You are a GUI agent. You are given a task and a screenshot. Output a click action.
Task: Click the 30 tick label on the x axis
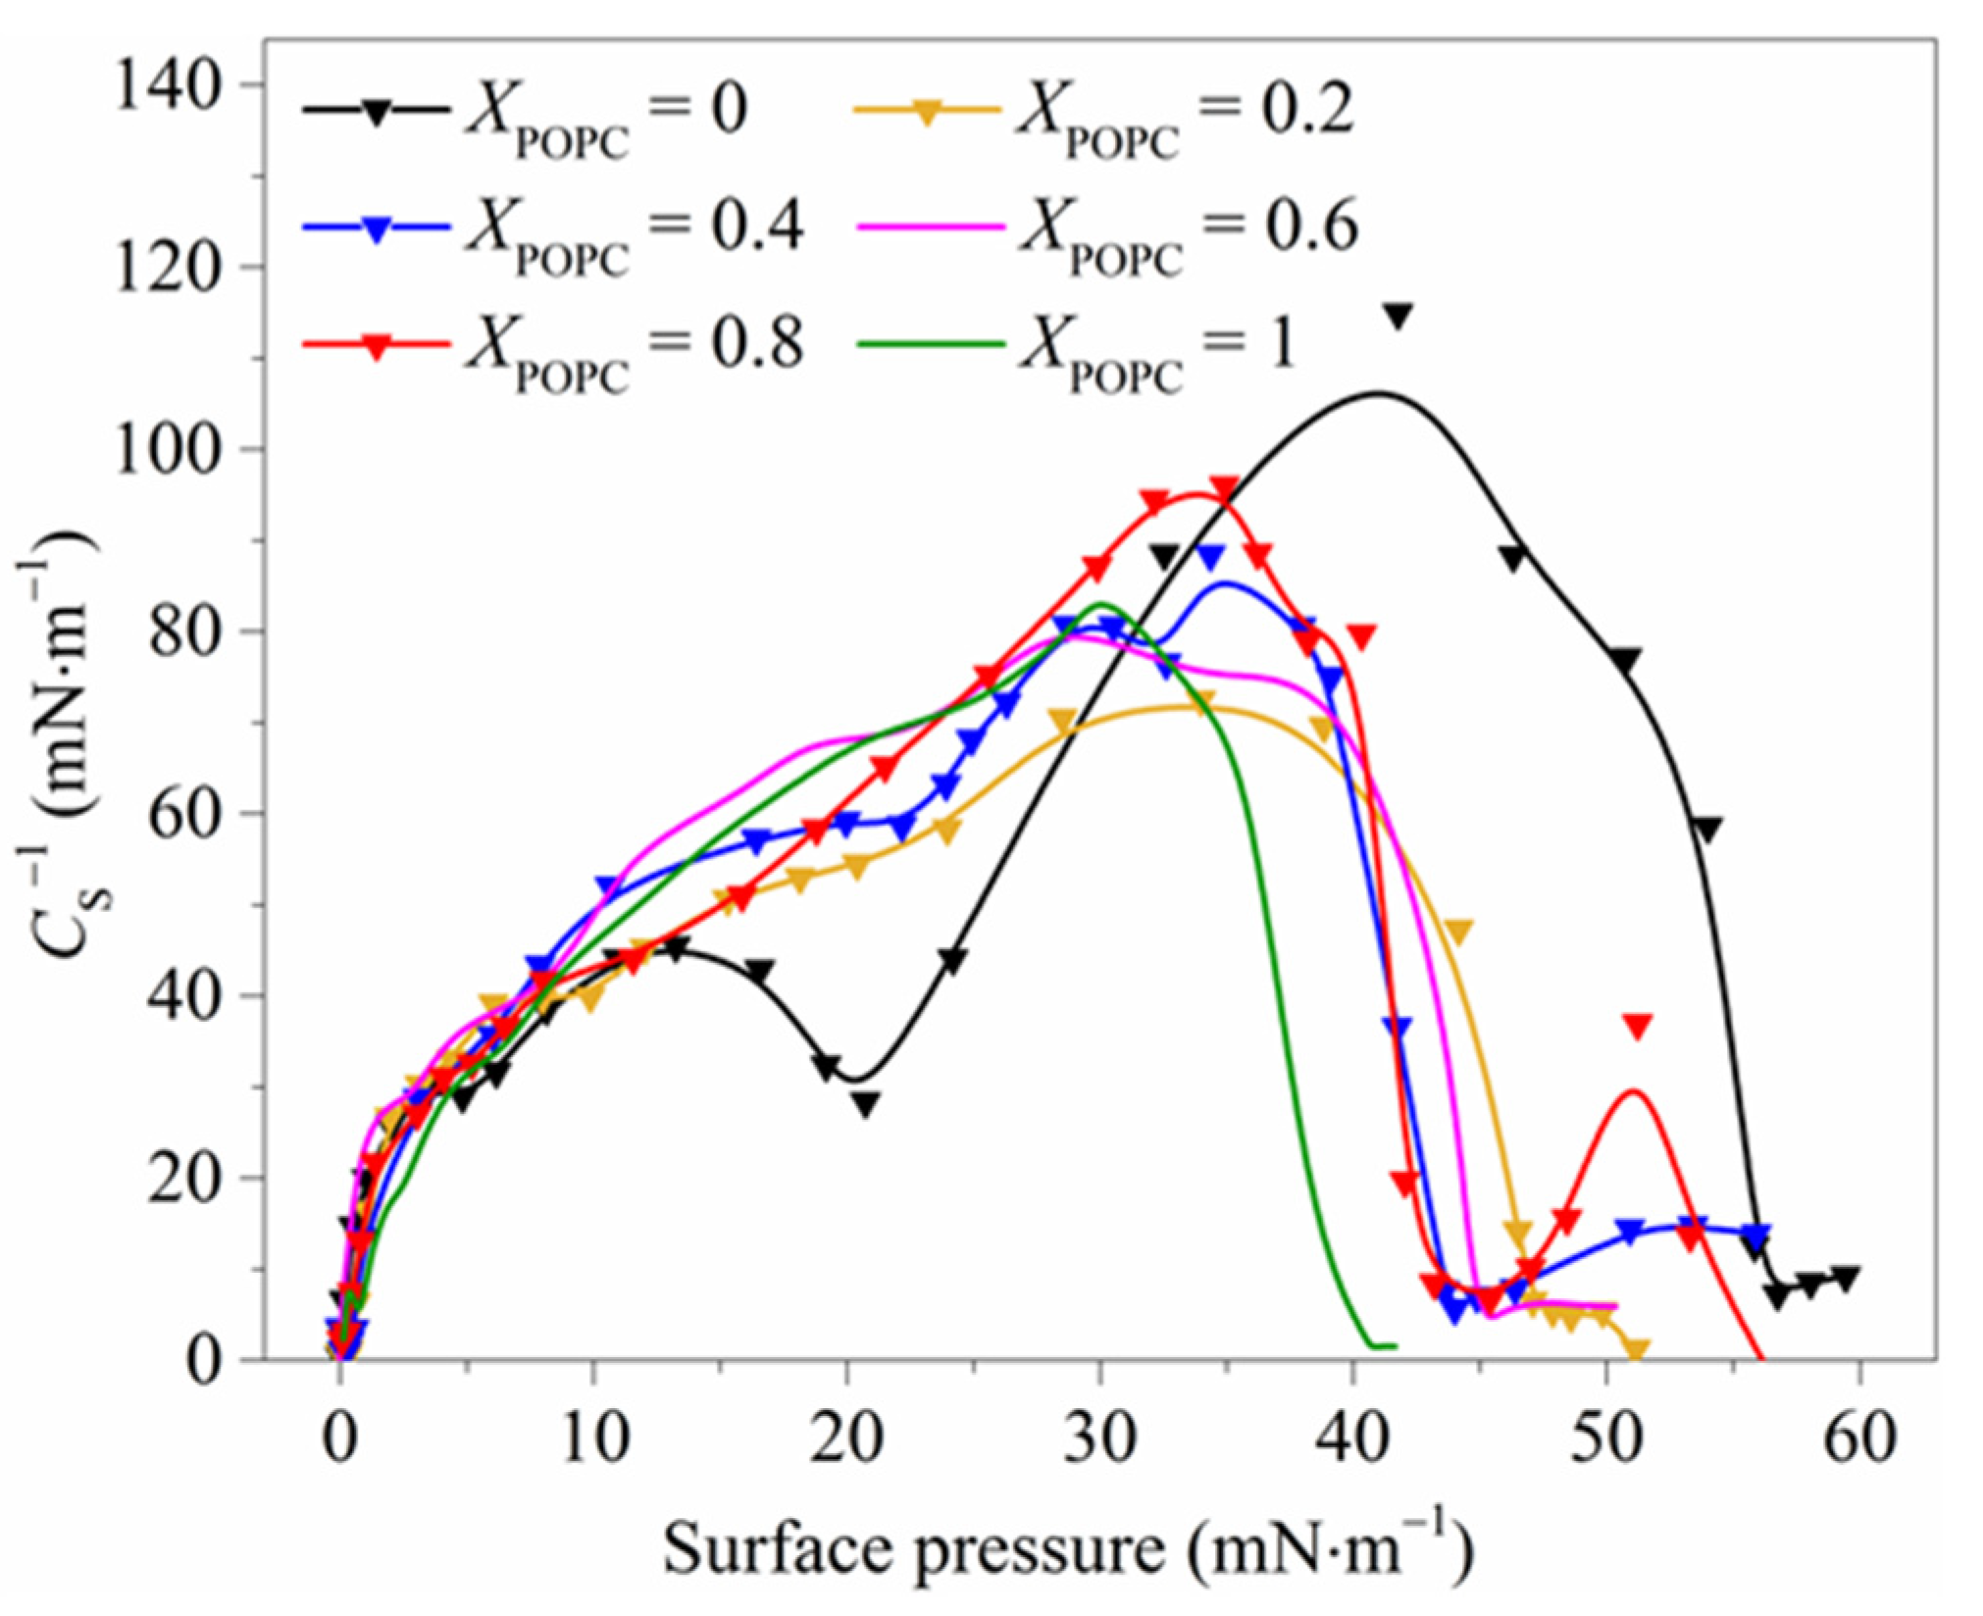click(x=1099, y=1439)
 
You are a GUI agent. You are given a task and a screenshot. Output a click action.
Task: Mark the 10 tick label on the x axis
click(x=593, y=1439)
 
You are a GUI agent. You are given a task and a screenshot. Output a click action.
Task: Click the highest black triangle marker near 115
click(x=1397, y=317)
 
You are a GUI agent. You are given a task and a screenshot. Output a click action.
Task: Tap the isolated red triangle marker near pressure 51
click(x=1637, y=1026)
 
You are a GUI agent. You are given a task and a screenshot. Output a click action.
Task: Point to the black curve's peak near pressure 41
click(x=1378, y=393)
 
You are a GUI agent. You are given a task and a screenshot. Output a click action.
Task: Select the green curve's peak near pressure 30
click(x=1099, y=604)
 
